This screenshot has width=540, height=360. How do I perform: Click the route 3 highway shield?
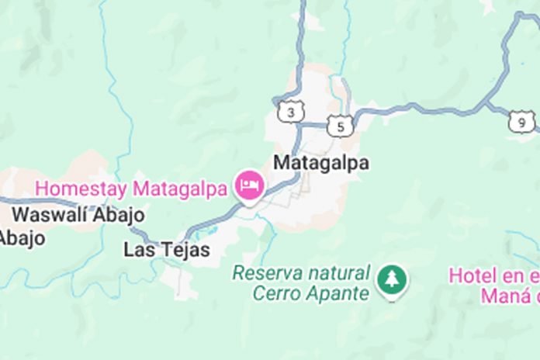coord(290,112)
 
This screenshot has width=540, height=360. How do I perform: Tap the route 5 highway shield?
coord(340,125)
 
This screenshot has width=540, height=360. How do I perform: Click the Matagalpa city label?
coord(321,164)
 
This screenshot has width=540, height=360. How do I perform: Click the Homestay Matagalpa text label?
coord(132,188)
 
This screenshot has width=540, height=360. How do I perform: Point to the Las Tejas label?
coord(167,250)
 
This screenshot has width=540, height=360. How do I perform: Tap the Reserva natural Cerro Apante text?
coord(301,283)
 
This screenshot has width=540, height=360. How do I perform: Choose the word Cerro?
coord(272,293)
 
